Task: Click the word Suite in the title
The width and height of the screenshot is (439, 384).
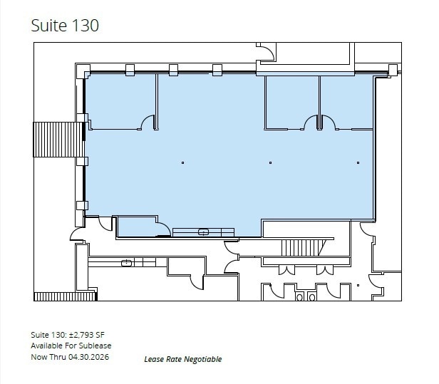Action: [x=48, y=25]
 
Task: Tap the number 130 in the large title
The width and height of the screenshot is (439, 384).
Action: [x=85, y=25]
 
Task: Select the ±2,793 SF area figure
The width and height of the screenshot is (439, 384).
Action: [x=88, y=334]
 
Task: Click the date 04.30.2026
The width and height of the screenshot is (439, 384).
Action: [x=90, y=356]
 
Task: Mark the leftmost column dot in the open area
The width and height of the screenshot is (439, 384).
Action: [x=182, y=162]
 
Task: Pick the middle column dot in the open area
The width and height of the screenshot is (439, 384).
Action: [x=271, y=162]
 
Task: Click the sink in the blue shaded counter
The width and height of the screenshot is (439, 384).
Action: [x=203, y=232]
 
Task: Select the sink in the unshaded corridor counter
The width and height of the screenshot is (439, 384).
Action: [x=126, y=263]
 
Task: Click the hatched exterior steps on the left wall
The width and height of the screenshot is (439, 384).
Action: [x=58, y=140]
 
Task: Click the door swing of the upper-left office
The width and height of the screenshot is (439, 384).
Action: [x=149, y=123]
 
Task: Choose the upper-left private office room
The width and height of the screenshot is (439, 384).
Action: [x=120, y=101]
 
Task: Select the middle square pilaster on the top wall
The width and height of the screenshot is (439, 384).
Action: [x=173, y=69]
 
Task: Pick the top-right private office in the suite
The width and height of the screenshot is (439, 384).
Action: [x=346, y=101]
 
